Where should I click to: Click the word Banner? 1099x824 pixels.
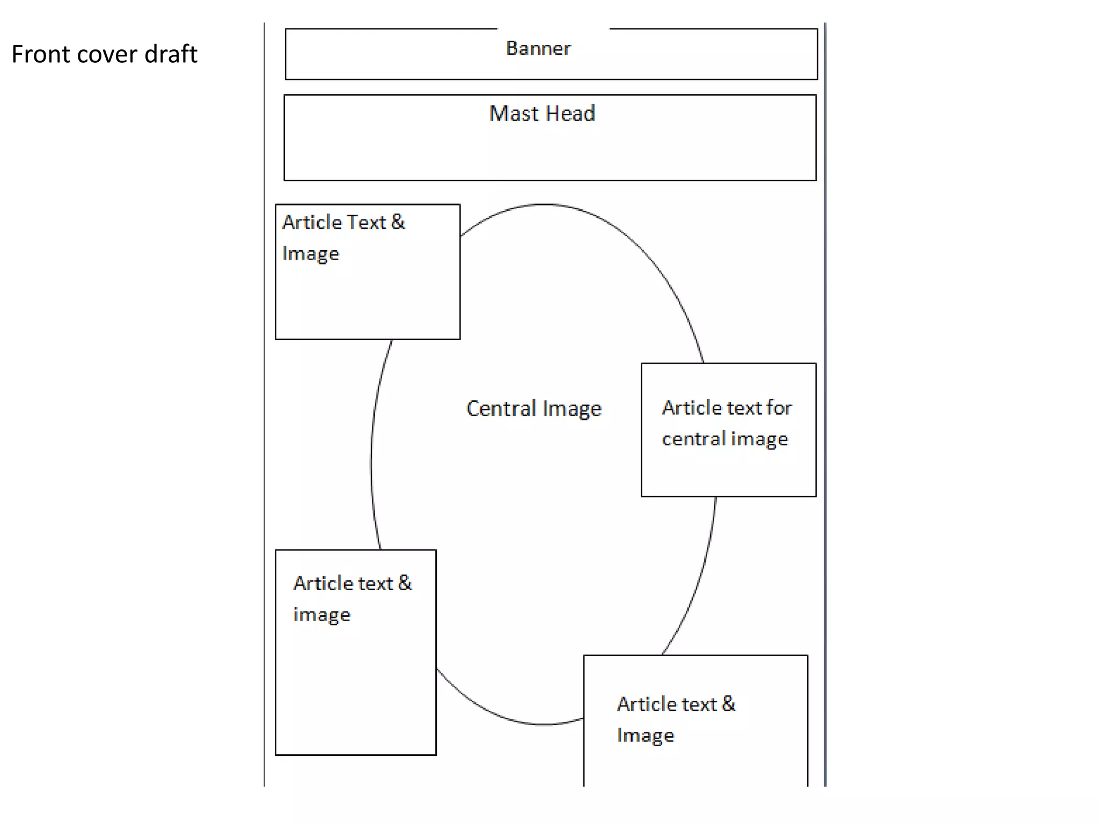pyautogui.click(x=538, y=49)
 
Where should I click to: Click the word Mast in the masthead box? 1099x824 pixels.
pyautogui.click(x=514, y=114)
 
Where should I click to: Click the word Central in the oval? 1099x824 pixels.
pyautogui.click(x=501, y=409)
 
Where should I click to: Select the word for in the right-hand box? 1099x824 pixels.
pyautogui.click(x=779, y=408)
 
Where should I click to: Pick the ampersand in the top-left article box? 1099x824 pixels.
pyautogui.click(x=398, y=222)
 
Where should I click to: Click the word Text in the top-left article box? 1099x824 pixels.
pyautogui.click(x=367, y=222)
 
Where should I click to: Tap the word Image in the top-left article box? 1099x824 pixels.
pyautogui.click(x=311, y=254)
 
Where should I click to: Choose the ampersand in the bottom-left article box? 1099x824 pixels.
pyautogui.click(x=405, y=583)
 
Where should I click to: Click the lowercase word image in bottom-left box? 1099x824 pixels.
pyautogui.click(x=321, y=615)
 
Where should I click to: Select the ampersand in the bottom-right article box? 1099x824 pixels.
pyautogui.click(x=729, y=704)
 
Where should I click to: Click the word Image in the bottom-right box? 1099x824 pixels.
pyautogui.click(x=646, y=735)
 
